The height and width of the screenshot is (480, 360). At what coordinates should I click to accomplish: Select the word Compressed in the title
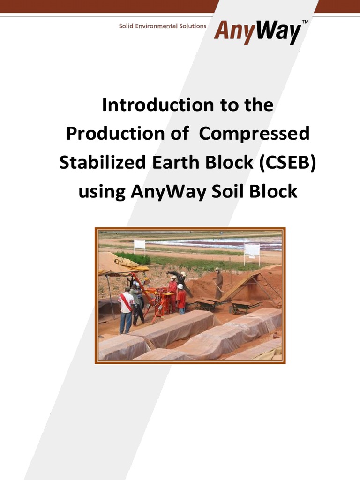pyautogui.click(x=254, y=134)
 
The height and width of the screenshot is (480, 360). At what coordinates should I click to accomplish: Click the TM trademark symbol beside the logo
pyautogui.click(x=305, y=22)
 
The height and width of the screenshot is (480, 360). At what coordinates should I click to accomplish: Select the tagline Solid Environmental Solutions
pyautogui.click(x=162, y=26)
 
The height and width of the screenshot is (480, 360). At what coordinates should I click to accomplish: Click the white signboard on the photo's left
pyautogui.click(x=140, y=245)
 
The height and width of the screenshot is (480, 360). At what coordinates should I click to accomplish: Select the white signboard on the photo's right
pyautogui.click(x=252, y=249)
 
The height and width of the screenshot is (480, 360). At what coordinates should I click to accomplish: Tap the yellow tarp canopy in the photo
pyautogui.click(x=120, y=263)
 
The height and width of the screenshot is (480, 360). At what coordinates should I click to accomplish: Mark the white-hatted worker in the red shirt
pyautogui.click(x=181, y=299)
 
